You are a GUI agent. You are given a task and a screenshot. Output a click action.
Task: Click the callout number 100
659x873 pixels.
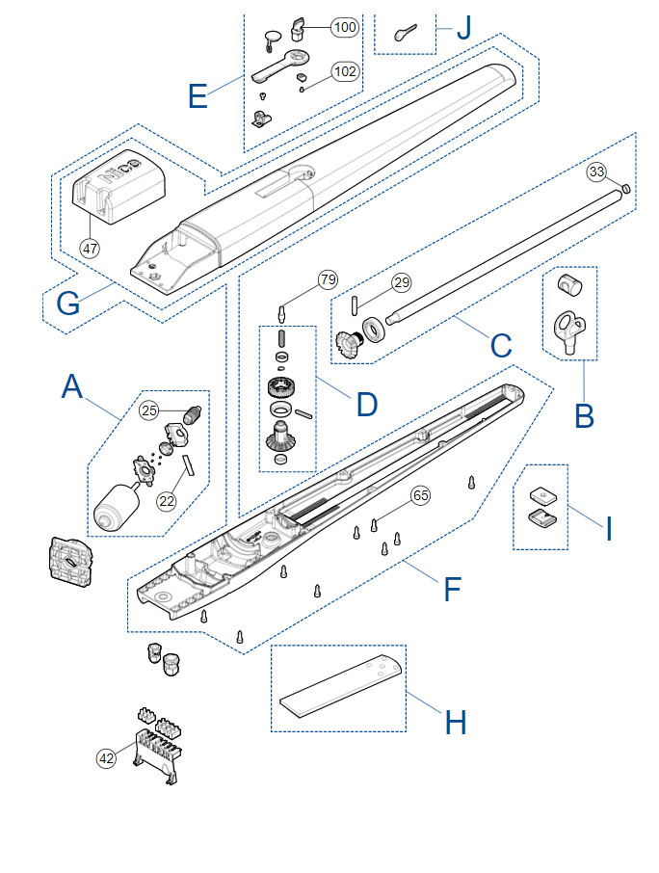click(345, 27)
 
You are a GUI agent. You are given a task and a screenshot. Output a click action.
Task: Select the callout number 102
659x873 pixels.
click(345, 72)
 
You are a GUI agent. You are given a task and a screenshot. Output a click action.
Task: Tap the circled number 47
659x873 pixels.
click(90, 249)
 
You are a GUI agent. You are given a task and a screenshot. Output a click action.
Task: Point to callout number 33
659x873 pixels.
click(596, 172)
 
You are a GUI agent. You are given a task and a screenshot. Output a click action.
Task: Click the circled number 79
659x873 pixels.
click(328, 279)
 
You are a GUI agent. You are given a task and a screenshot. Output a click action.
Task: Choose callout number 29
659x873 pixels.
click(402, 283)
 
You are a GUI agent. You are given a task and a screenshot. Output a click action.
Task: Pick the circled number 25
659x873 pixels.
click(149, 410)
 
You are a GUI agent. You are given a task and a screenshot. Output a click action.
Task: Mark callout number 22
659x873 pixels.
click(167, 501)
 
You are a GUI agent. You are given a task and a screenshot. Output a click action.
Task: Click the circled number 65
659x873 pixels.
click(420, 495)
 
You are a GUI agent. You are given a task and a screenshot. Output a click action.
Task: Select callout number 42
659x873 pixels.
click(106, 757)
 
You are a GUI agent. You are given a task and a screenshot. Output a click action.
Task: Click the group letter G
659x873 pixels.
click(68, 304)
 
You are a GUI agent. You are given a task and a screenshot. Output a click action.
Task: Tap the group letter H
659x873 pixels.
click(456, 723)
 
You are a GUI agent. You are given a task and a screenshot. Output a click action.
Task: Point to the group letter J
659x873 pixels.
click(464, 28)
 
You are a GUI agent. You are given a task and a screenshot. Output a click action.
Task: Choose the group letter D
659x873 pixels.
click(367, 404)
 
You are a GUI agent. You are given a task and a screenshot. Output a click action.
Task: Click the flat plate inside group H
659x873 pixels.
click(340, 685)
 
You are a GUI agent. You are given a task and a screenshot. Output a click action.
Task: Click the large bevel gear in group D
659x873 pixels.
click(281, 436)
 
